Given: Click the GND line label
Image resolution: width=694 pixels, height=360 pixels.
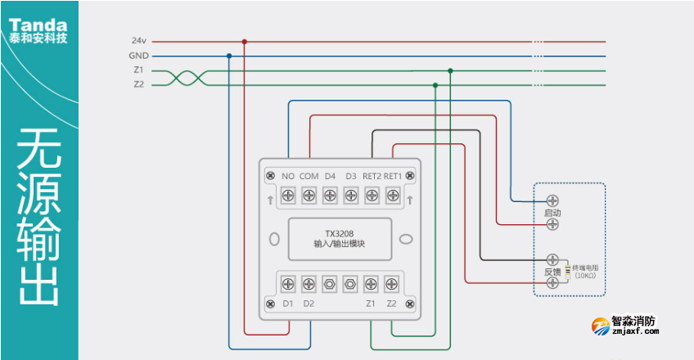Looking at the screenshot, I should click(138, 56).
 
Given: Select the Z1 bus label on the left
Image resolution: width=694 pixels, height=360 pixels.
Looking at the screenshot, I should click(138, 70).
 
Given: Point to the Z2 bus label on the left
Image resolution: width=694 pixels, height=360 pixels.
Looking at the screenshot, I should click(138, 84).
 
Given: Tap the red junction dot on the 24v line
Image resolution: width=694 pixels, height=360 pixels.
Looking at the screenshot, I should click(244, 41).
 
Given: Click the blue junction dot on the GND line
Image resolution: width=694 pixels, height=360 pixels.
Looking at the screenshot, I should click(228, 56).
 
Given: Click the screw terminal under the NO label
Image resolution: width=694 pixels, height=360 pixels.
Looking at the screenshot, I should click(288, 196).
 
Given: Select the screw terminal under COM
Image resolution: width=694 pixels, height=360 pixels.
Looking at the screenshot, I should click(309, 196).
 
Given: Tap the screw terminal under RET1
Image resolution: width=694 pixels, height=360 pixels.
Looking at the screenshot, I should click(393, 196).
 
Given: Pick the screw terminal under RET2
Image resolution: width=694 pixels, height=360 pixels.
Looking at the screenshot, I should click(372, 196).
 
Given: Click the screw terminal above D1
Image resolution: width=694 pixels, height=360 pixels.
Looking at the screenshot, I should click(288, 284).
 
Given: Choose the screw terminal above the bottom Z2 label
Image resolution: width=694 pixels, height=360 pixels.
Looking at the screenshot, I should click(392, 284).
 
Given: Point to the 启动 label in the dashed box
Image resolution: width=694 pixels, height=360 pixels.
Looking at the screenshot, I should click(552, 213).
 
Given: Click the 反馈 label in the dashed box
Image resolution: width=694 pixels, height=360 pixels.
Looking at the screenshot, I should click(552, 271).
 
